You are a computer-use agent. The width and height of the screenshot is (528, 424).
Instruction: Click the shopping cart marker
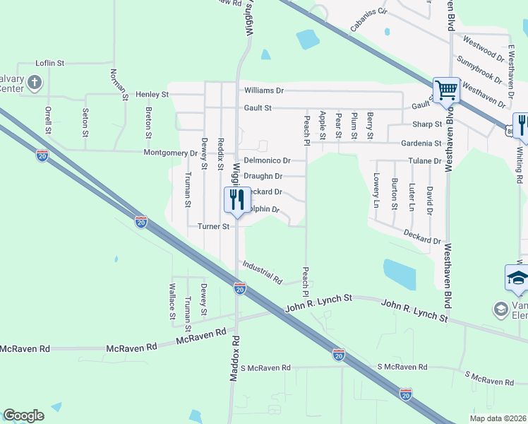click(446, 90)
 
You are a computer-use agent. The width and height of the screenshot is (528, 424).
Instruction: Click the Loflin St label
click(49, 64)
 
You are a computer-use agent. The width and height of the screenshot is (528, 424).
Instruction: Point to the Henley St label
click(152, 94)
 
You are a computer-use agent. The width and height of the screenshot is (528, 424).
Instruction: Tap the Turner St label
click(213, 227)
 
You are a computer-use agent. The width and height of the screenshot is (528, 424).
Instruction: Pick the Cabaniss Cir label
click(368, 23)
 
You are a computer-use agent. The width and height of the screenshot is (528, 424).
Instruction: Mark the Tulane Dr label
click(427, 160)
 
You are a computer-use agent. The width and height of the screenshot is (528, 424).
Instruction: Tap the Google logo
click(23, 416)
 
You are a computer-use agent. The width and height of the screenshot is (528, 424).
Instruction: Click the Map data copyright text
click(498, 418)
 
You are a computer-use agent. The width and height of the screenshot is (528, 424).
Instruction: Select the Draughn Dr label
click(263, 176)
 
